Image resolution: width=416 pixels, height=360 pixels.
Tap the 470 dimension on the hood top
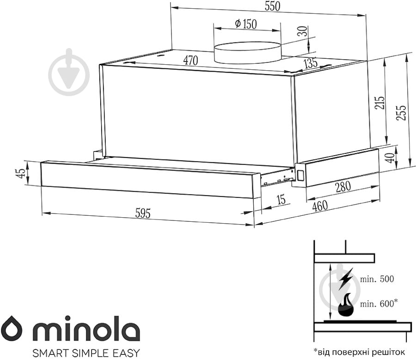point(190,61)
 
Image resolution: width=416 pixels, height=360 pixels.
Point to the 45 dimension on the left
point(20,173)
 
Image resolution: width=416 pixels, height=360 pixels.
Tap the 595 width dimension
point(143,213)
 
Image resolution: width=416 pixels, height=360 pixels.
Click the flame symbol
point(346,305)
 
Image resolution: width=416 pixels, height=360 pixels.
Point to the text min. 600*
point(379,304)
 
